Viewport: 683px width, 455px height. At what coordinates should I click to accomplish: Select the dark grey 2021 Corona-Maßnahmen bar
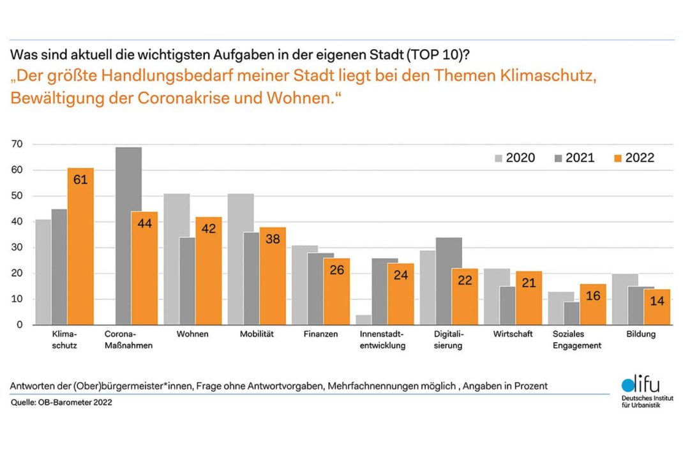coord(129,236)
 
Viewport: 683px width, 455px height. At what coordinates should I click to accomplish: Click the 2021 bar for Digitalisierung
coord(449,281)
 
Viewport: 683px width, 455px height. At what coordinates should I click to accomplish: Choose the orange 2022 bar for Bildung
coord(657,307)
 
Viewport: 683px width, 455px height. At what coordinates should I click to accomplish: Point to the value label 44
coord(144,225)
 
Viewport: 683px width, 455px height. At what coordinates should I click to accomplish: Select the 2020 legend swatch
coord(498,158)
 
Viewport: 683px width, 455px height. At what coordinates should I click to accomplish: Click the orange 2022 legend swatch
coord(617,158)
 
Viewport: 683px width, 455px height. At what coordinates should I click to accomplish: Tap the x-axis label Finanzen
coord(321,334)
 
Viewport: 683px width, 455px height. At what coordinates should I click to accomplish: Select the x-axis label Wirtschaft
coord(513,334)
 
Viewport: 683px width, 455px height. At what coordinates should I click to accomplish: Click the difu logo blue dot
coord(627,386)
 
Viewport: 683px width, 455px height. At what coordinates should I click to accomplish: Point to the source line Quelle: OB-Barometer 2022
coord(61,403)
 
